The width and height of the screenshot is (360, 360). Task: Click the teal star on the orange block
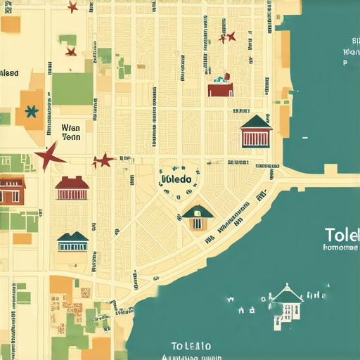coord(31,110)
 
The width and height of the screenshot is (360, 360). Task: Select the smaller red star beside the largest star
coord(103,160)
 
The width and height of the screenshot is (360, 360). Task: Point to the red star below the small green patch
coord(70,51)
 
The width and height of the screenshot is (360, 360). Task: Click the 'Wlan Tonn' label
coord(72,133)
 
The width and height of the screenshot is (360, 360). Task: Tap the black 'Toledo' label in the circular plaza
coord(176,179)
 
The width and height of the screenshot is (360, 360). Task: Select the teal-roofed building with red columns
coord(256,131)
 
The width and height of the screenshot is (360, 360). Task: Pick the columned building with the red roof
coord(72,188)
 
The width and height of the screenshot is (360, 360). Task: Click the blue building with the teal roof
coord(72,241)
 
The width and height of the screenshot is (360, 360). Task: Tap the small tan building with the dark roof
coord(198,217)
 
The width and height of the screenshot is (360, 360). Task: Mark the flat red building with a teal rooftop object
coord(220,87)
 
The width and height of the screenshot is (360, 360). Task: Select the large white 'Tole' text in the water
coord(342,234)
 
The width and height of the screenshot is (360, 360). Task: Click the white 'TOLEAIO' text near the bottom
coord(191,345)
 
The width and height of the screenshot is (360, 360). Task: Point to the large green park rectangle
coord(72,89)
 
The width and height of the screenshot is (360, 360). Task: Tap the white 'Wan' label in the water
coord(349,52)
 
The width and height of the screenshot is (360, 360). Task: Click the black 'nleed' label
coord(10,72)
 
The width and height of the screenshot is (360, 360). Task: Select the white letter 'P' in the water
coord(345,63)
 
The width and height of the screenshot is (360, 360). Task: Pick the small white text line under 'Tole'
coord(340,247)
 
